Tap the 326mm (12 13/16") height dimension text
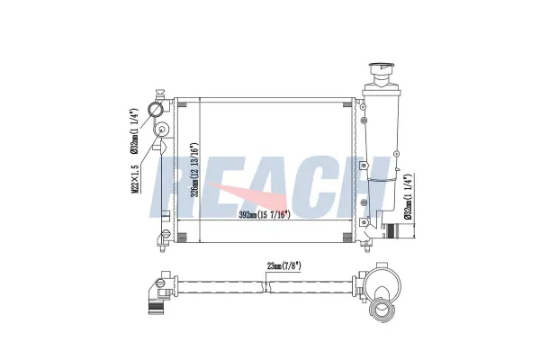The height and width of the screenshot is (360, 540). coord(195,169)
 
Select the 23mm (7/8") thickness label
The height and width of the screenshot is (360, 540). coord(284,265)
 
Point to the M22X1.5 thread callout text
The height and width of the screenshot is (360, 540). coord(136,178)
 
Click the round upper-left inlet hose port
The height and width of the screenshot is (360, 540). coord(156,109)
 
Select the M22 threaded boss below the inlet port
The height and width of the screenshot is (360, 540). coord(161,130)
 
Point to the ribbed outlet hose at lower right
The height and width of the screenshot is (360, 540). coord(391,230)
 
